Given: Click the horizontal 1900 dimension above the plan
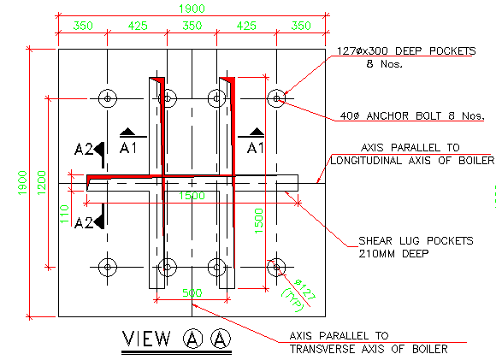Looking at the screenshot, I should click(x=192, y=8).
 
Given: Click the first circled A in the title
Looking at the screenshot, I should click(x=192, y=339).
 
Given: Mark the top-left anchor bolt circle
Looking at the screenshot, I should click(x=107, y=97).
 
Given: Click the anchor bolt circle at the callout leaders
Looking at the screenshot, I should click(x=276, y=97).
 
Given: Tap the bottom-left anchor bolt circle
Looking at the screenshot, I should click(x=107, y=267).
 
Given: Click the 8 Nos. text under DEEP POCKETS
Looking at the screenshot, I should click(x=384, y=63).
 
